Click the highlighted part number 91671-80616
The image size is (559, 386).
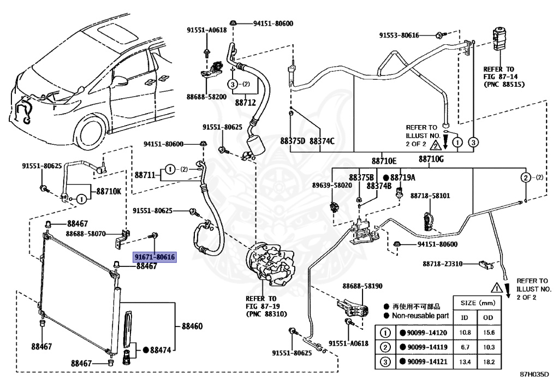[x=154, y=257]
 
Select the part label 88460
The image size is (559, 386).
[x=192, y=326]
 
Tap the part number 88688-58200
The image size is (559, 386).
[x=206, y=97]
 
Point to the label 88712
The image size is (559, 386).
[x=245, y=103]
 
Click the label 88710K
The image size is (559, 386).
[x=109, y=192]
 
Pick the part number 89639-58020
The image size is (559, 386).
[x=332, y=185]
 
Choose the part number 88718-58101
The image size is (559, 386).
[x=430, y=195]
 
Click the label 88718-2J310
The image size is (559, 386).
[x=442, y=264]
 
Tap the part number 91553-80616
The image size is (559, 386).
[x=399, y=35]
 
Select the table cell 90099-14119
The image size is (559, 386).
[x=427, y=347]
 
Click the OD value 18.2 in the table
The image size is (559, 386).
[x=489, y=362]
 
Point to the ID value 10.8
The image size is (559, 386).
[x=465, y=332]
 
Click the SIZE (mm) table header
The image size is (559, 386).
[x=478, y=303]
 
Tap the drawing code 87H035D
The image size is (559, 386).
[x=534, y=374]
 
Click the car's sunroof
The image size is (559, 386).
[x=118, y=31]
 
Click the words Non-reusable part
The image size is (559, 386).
[x=420, y=316]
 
